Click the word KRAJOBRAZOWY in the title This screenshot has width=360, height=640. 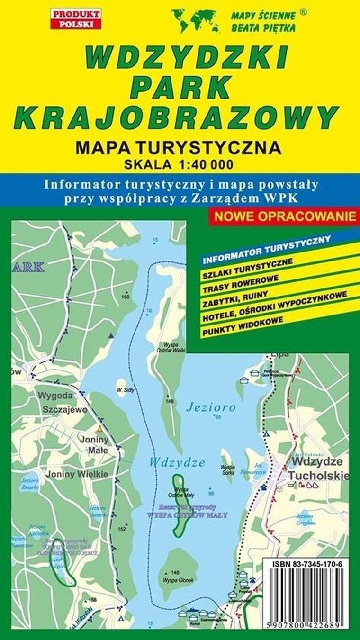click(x=180, y=115)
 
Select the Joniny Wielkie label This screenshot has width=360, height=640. click(x=77, y=474)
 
